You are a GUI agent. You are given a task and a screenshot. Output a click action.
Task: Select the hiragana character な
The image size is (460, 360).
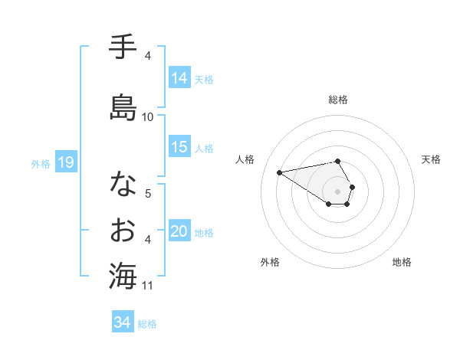[x=123, y=184]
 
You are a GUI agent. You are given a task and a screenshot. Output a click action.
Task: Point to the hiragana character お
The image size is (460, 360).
[x=123, y=229]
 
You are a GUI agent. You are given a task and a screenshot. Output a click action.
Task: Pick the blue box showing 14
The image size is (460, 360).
[x=179, y=78]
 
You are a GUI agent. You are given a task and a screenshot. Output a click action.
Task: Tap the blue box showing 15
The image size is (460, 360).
[x=179, y=147]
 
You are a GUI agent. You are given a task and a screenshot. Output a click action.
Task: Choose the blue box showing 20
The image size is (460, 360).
[x=179, y=232]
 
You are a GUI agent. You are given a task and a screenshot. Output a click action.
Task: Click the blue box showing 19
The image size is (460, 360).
[x=66, y=162]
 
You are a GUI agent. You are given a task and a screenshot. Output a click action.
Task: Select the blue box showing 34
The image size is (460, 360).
[x=123, y=322]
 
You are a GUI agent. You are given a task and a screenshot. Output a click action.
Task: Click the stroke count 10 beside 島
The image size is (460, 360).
[x=148, y=117]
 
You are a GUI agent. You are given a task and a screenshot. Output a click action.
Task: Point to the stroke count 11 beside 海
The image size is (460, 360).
[x=148, y=286]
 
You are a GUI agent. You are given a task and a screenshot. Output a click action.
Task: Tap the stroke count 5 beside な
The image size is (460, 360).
[x=148, y=193]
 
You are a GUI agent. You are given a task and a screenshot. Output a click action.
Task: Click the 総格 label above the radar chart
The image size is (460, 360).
[x=338, y=100]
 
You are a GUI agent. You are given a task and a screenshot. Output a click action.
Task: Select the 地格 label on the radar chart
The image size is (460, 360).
[x=402, y=262]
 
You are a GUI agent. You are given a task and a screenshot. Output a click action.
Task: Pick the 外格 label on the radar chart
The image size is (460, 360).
[x=270, y=262]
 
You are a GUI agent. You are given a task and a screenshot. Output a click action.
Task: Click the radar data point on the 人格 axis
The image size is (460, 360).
[x=279, y=172]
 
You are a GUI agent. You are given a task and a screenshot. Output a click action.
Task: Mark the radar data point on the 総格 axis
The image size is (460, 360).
[x=338, y=161]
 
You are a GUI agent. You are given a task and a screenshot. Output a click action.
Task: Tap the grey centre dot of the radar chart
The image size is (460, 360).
[x=338, y=191]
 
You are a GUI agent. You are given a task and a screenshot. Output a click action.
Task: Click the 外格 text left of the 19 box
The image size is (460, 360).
[x=40, y=163]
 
